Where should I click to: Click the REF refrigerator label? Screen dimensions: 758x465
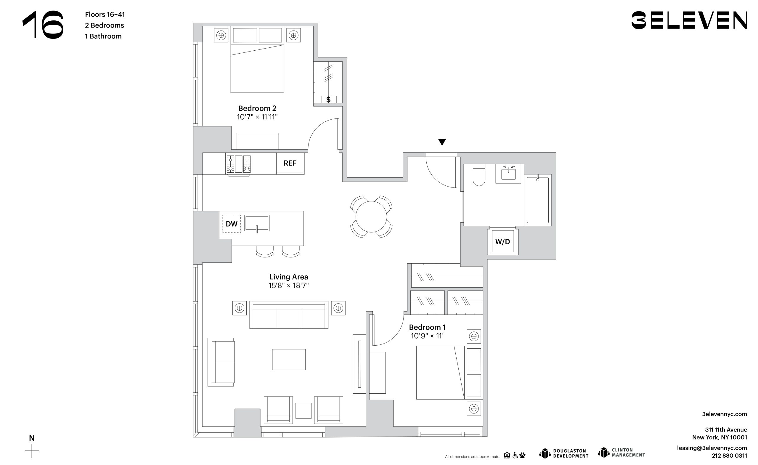click(x=290, y=163)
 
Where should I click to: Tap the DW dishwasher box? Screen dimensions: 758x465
click(x=232, y=224)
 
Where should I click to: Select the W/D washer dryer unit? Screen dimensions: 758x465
click(x=503, y=242)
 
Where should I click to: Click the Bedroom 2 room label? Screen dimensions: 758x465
click(x=257, y=108)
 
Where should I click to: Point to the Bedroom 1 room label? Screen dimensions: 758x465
click(x=427, y=327)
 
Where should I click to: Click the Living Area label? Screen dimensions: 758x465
click(x=289, y=277)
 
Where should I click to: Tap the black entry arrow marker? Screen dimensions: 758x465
click(x=442, y=142)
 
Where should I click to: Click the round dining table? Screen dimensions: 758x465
click(x=371, y=217)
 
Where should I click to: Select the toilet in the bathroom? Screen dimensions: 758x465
click(x=479, y=175)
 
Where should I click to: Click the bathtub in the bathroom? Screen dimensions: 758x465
click(x=538, y=200)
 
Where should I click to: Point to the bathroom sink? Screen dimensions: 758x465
click(x=508, y=174)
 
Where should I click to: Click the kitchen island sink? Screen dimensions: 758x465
click(x=257, y=223)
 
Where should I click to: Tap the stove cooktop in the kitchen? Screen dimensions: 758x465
click(x=239, y=164)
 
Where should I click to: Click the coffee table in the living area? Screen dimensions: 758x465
click(x=289, y=360)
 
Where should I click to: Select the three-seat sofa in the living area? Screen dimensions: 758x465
click(x=289, y=315)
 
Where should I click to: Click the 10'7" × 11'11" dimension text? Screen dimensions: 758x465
click(x=257, y=117)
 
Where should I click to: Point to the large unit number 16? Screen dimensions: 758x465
click(x=43, y=25)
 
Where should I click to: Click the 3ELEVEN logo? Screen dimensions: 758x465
click(x=689, y=20)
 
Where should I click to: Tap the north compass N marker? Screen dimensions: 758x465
click(x=32, y=438)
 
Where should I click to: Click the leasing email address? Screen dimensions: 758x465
click(x=712, y=448)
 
